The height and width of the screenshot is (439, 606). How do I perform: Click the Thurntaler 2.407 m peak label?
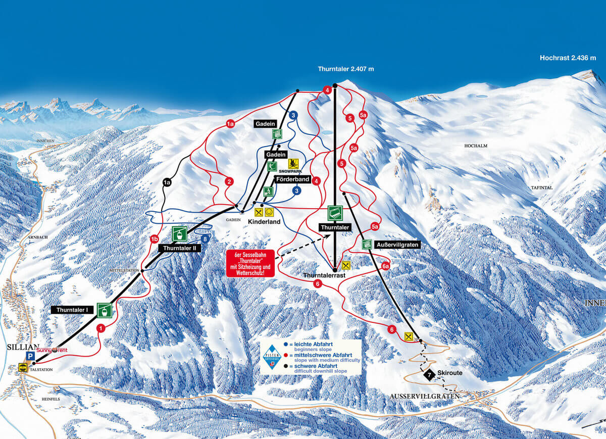click(346, 69)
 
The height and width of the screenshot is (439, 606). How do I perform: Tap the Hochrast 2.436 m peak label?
click(568, 58)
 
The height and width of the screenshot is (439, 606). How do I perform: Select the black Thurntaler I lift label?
click(73, 309)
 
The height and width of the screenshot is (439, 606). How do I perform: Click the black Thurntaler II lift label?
click(179, 248)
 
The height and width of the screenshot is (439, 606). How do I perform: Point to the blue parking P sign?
click(30, 357)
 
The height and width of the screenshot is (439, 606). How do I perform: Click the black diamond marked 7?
click(429, 375)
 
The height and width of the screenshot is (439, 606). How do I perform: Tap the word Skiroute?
click(450, 373)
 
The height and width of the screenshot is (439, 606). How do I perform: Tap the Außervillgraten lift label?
click(397, 245)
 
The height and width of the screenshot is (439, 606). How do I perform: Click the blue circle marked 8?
click(205, 239)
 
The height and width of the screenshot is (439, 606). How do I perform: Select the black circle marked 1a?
click(167, 182)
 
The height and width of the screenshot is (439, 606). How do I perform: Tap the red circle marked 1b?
click(155, 239)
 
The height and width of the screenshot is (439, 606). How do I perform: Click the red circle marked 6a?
click(385, 266)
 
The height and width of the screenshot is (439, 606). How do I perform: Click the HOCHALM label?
click(476, 145)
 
